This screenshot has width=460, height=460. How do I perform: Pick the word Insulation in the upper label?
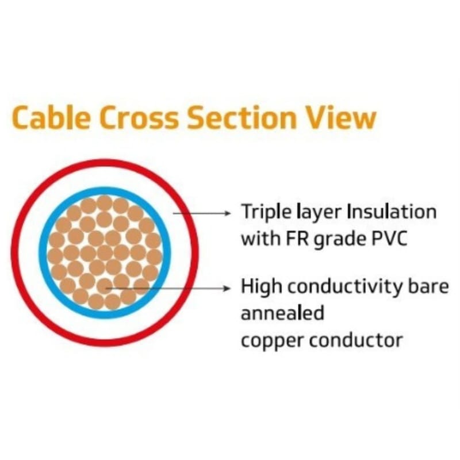point(392,212)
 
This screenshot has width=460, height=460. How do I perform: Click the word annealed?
point(282,313)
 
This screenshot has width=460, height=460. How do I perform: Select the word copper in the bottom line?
point(271,341)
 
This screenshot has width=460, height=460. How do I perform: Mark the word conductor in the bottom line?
point(356,340)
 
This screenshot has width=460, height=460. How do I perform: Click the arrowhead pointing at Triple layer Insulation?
point(228,213)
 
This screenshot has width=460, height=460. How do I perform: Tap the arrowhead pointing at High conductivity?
point(228,287)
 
